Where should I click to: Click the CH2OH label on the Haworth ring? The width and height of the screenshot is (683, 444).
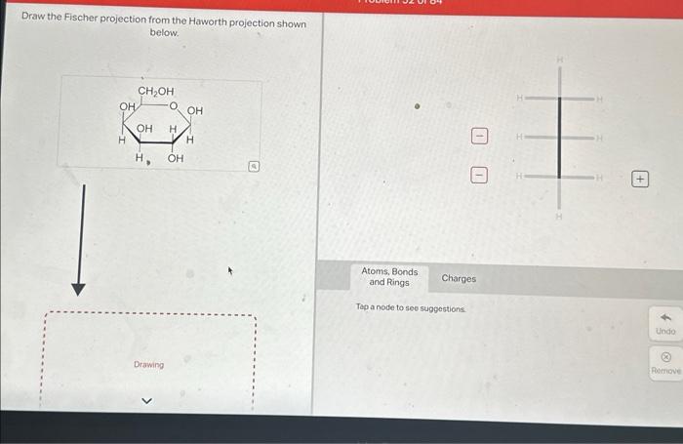[x=156, y=92]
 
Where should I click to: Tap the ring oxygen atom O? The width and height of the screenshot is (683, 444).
[x=173, y=106]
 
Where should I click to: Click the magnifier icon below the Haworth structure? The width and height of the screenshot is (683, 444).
[x=254, y=167]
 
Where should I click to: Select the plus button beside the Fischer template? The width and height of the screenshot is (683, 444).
[x=640, y=179]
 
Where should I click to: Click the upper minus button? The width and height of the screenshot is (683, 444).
[x=478, y=135]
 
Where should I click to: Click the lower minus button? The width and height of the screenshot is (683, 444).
[x=478, y=176]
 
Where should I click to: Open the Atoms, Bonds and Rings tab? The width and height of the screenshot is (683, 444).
[x=389, y=277]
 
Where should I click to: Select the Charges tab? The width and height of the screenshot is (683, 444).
[x=459, y=278]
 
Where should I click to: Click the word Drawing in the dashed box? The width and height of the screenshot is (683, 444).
[x=149, y=365]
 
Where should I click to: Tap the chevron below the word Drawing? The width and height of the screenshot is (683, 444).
[x=149, y=399]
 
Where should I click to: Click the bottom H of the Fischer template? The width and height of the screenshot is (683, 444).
[x=560, y=218]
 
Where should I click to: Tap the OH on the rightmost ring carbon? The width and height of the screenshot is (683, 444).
[x=194, y=111]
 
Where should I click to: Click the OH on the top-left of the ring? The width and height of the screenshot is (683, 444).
[x=127, y=106]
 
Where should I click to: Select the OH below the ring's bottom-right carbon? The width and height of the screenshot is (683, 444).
[x=176, y=158]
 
